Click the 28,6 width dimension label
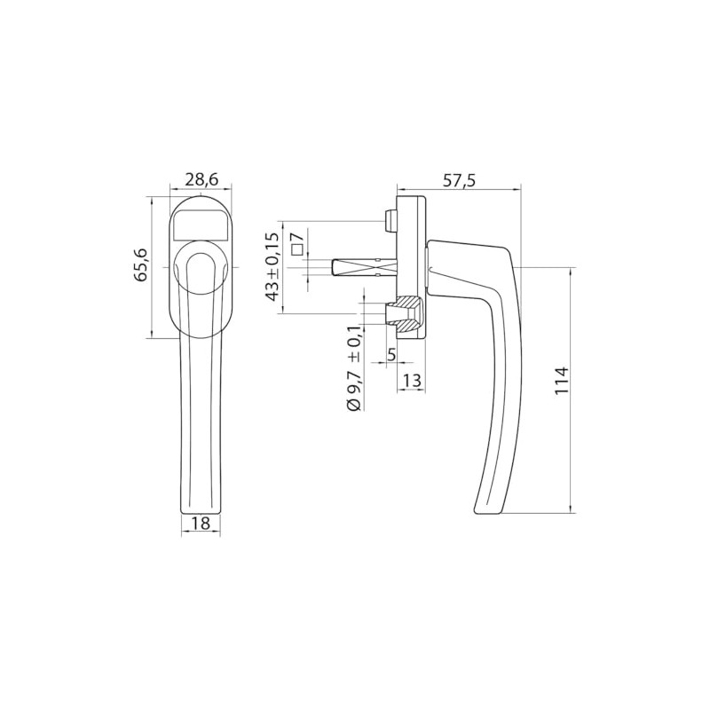point(201,178)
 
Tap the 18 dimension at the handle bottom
point(200,524)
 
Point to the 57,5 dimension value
point(459,180)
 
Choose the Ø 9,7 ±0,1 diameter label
point(353,369)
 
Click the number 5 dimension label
point(391,354)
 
